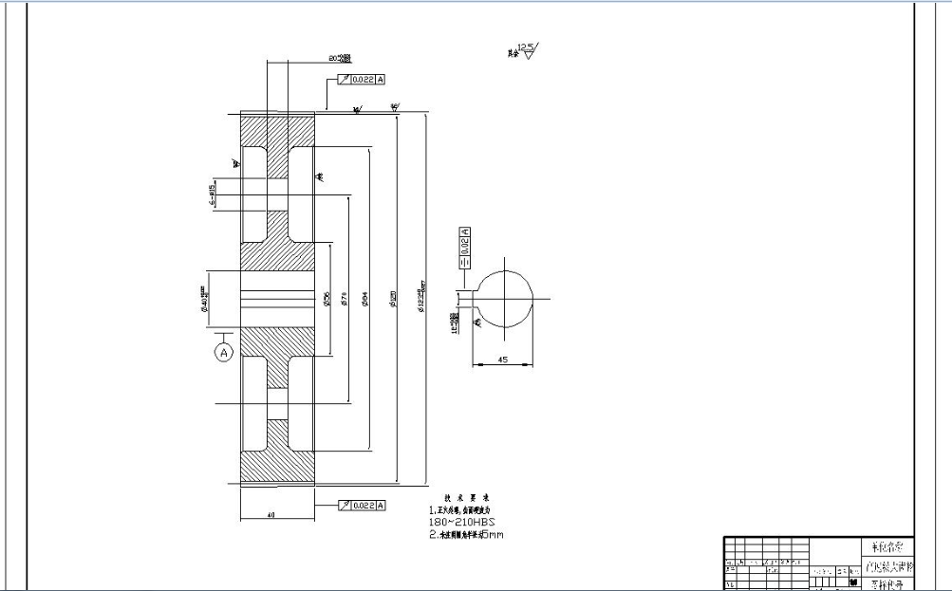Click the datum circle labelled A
224,353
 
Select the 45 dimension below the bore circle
504,359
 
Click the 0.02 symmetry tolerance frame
465,248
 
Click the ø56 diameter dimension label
326,300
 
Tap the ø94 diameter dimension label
365,300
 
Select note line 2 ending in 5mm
466,535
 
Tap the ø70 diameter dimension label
345,300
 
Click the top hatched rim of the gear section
277,129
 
